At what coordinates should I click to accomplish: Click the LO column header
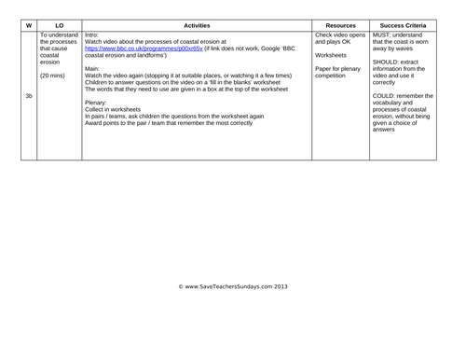pyautogui.click(x=60, y=25)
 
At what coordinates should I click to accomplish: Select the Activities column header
pyautogui.click(x=196, y=25)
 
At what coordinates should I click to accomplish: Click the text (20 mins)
pyautogui.click(x=55, y=75)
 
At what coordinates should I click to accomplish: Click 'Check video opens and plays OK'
pyautogui.click(x=340, y=38)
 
